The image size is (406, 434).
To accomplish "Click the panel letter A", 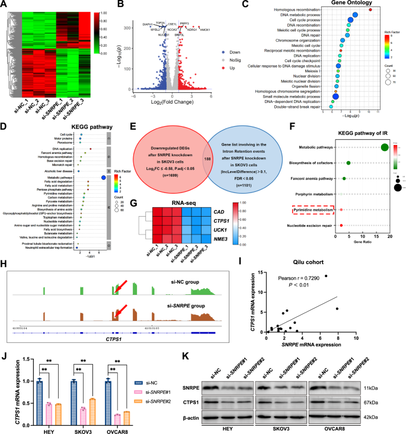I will click(x=5, y=5).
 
